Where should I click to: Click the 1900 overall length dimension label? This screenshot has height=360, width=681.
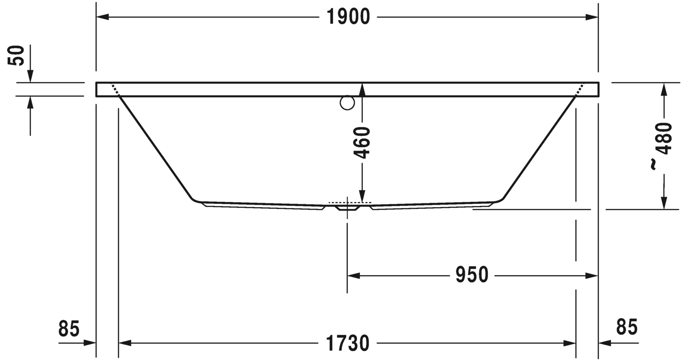348,17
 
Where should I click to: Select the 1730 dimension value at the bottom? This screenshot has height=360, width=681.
348,343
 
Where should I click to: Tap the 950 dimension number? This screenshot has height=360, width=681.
471,275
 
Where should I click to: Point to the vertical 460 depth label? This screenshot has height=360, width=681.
362,142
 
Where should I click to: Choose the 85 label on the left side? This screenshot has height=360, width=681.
69,329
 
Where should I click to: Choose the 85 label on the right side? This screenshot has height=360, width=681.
626,326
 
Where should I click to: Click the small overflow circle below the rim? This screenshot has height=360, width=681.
347,103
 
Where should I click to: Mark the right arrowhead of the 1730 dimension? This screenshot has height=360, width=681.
570,343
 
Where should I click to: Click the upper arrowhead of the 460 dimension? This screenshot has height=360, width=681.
362,89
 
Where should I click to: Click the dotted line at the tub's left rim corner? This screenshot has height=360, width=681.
115,89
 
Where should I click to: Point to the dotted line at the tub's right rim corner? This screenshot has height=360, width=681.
579,89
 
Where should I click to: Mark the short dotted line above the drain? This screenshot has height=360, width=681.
347,202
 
